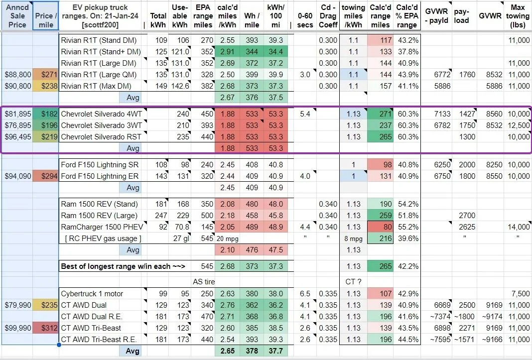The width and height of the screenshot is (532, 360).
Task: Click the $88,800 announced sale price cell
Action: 17,75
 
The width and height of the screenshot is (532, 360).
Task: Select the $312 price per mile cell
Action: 46,328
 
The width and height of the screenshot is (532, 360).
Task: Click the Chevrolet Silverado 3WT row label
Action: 101,125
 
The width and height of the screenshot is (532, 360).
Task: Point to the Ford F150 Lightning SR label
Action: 100,165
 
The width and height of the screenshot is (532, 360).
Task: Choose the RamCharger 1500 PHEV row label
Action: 102,227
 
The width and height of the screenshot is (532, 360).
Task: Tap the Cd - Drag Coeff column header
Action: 328,16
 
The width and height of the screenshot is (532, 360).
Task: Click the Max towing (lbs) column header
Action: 518,16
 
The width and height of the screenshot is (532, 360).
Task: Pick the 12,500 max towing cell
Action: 519,125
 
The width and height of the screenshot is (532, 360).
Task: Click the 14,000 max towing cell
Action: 519,227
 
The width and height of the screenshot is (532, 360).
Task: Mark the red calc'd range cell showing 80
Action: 381,227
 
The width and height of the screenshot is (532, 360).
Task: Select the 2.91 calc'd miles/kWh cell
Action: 227,52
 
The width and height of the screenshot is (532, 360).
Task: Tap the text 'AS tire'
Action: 204,282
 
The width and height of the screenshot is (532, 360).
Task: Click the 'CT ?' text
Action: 353,282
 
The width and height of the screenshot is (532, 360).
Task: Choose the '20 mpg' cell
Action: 227,239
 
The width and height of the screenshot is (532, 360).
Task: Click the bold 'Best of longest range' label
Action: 123,266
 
